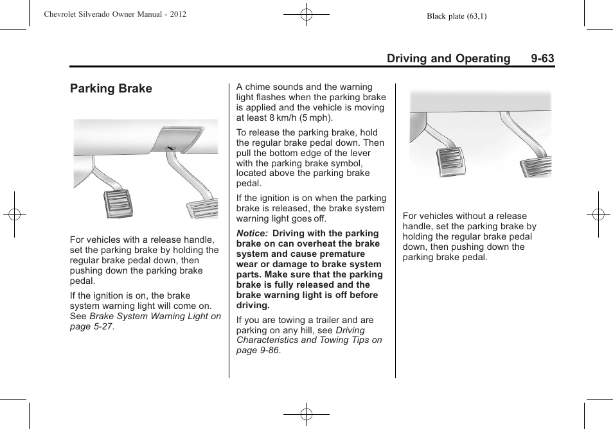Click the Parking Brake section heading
point(111,89)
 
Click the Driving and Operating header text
point(449,58)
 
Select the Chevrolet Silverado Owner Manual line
point(116,13)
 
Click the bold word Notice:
point(253,234)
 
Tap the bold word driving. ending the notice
point(253,306)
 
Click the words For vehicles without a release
point(465,216)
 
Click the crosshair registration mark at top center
point(306,13)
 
